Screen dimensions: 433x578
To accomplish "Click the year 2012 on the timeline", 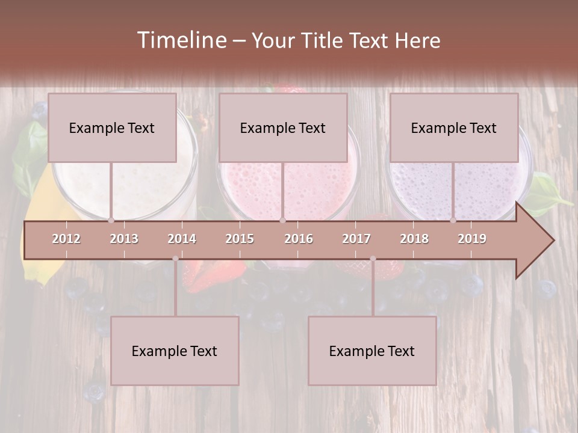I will pyautogui.click(x=66, y=239).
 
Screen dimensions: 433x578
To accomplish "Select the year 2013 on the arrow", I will pyautogui.click(x=124, y=239).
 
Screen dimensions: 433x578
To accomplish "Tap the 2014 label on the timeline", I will pyautogui.click(x=182, y=239).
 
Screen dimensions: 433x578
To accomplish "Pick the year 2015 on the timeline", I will pyautogui.click(x=240, y=239).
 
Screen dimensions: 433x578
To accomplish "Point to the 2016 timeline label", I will pyautogui.click(x=299, y=239).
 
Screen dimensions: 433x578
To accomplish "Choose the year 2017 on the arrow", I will pyautogui.click(x=356, y=239).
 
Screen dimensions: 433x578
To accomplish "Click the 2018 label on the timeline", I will pyautogui.click(x=414, y=239).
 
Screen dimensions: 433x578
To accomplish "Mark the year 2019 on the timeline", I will pyautogui.click(x=472, y=239).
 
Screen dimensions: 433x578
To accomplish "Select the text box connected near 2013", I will pyautogui.click(x=112, y=127).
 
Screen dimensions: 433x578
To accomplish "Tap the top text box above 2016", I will pyautogui.click(x=283, y=127).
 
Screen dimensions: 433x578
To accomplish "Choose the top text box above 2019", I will pyautogui.click(x=454, y=127).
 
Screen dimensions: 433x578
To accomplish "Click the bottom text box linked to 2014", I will pyautogui.click(x=175, y=351).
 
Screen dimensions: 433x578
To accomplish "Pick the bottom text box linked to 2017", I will pyautogui.click(x=372, y=351).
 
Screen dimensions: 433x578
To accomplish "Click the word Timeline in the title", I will pyautogui.click(x=181, y=40).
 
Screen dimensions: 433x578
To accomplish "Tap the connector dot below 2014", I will pyautogui.click(x=175, y=259).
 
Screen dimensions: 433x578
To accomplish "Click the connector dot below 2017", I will pyautogui.click(x=373, y=259).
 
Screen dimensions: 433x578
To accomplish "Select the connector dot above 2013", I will pyautogui.click(x=111, y=220).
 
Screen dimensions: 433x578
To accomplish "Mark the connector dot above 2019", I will pyautogui.click(x=453, y=220).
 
